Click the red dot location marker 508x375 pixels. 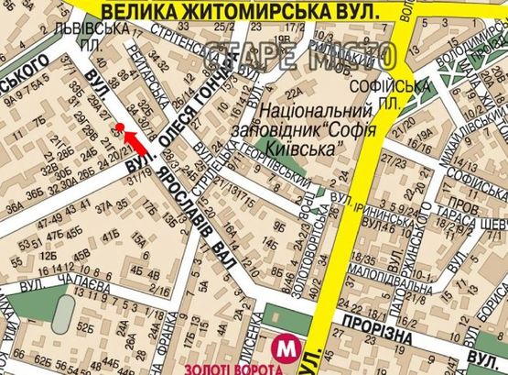(119, 127)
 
